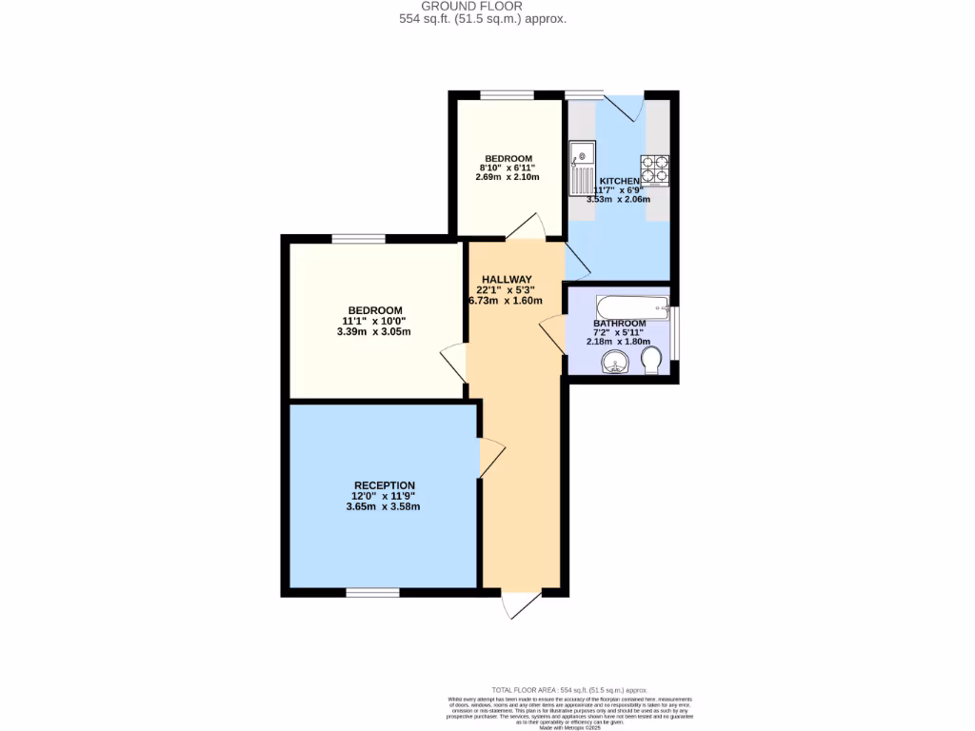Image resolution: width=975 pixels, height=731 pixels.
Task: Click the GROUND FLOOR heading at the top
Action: pos(486,6)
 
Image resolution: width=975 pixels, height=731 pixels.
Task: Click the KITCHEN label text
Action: pos(619,181)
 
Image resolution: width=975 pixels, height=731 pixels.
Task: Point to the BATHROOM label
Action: pos(620,324)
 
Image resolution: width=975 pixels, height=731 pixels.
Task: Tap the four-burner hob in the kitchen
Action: pos(655,168)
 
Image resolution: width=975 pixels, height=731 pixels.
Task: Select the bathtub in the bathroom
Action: pos(630,307)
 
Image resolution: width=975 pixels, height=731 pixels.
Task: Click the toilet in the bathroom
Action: pos(652,361)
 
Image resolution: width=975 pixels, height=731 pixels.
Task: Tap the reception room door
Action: pos(490,459)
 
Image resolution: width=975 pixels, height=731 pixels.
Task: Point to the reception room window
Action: pos(372,593)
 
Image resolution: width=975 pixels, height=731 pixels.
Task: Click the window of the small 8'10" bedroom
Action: pos(507,94)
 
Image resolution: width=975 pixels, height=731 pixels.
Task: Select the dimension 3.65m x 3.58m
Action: pos(383,507)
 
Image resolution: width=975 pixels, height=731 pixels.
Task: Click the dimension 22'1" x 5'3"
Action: pos(506,290)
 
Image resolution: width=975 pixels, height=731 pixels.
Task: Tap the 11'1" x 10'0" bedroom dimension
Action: pos(374,322)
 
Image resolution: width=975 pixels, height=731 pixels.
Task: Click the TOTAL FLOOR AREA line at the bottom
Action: pos(568,689)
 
